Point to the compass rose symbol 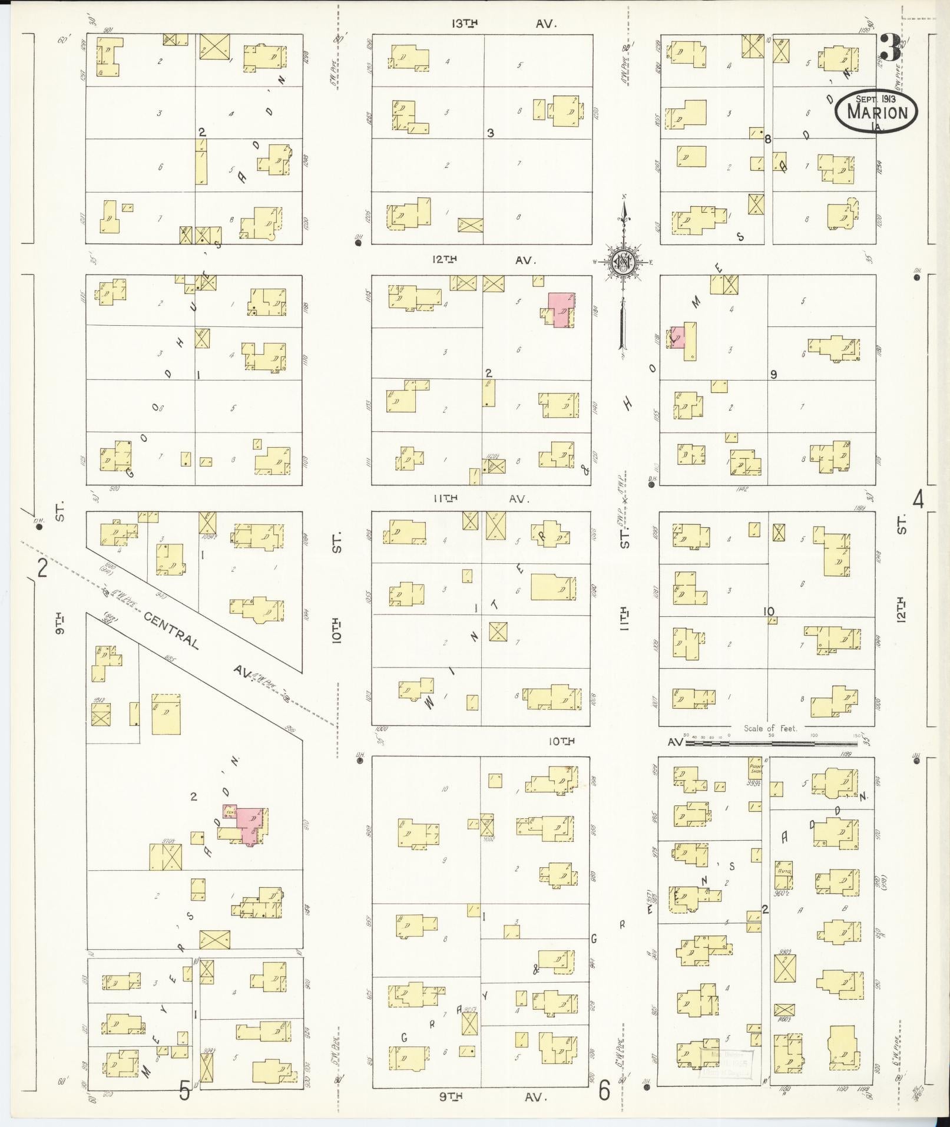(x=623, y=262)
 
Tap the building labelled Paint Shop (x=754, y=768)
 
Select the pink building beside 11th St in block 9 (x=677, y=336)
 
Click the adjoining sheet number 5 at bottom (x=184, y=1092)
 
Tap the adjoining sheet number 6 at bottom (x=604, y=1091)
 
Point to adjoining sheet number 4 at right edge (x=918, y=500)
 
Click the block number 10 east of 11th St (x=769, y=612)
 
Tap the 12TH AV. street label (x=482, y=260)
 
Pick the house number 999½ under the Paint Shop (x=752, y=783)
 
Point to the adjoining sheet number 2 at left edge (x=42, y=569)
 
